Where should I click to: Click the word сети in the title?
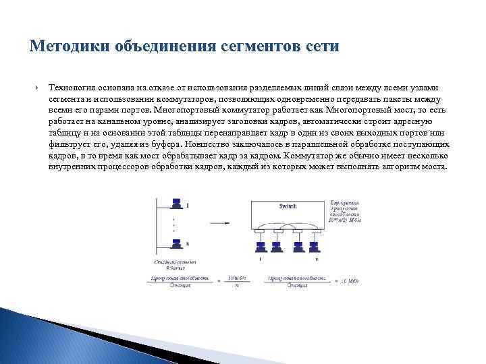323,47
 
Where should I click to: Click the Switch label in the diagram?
288,206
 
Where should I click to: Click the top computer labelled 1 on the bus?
176,203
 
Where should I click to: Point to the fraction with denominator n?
236,280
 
